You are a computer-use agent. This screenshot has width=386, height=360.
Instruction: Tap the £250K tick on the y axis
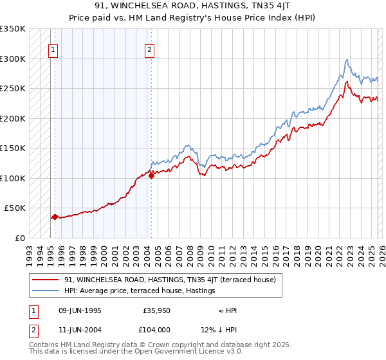click(x=13, y=89)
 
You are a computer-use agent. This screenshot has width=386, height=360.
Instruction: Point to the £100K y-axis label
click(x=13, y=178)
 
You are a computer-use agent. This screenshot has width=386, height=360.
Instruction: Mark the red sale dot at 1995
click(x=55, y=217)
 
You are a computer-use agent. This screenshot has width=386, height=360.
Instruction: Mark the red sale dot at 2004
click(x=151, y=175)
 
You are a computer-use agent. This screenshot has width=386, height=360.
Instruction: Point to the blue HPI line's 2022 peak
click(x=347, y=60)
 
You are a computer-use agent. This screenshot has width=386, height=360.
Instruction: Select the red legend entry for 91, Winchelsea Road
click(x=170, y=280)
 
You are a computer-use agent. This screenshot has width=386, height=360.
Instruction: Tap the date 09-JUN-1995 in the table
click(x=77, y=310)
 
